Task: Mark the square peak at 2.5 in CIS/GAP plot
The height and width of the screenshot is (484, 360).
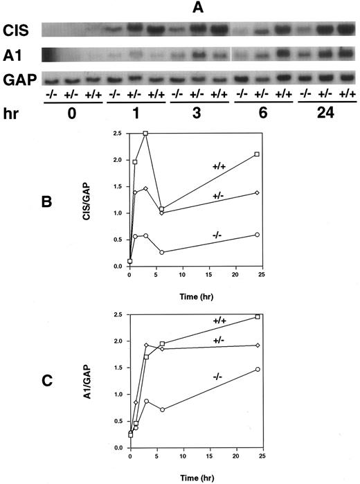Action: [145, 133]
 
